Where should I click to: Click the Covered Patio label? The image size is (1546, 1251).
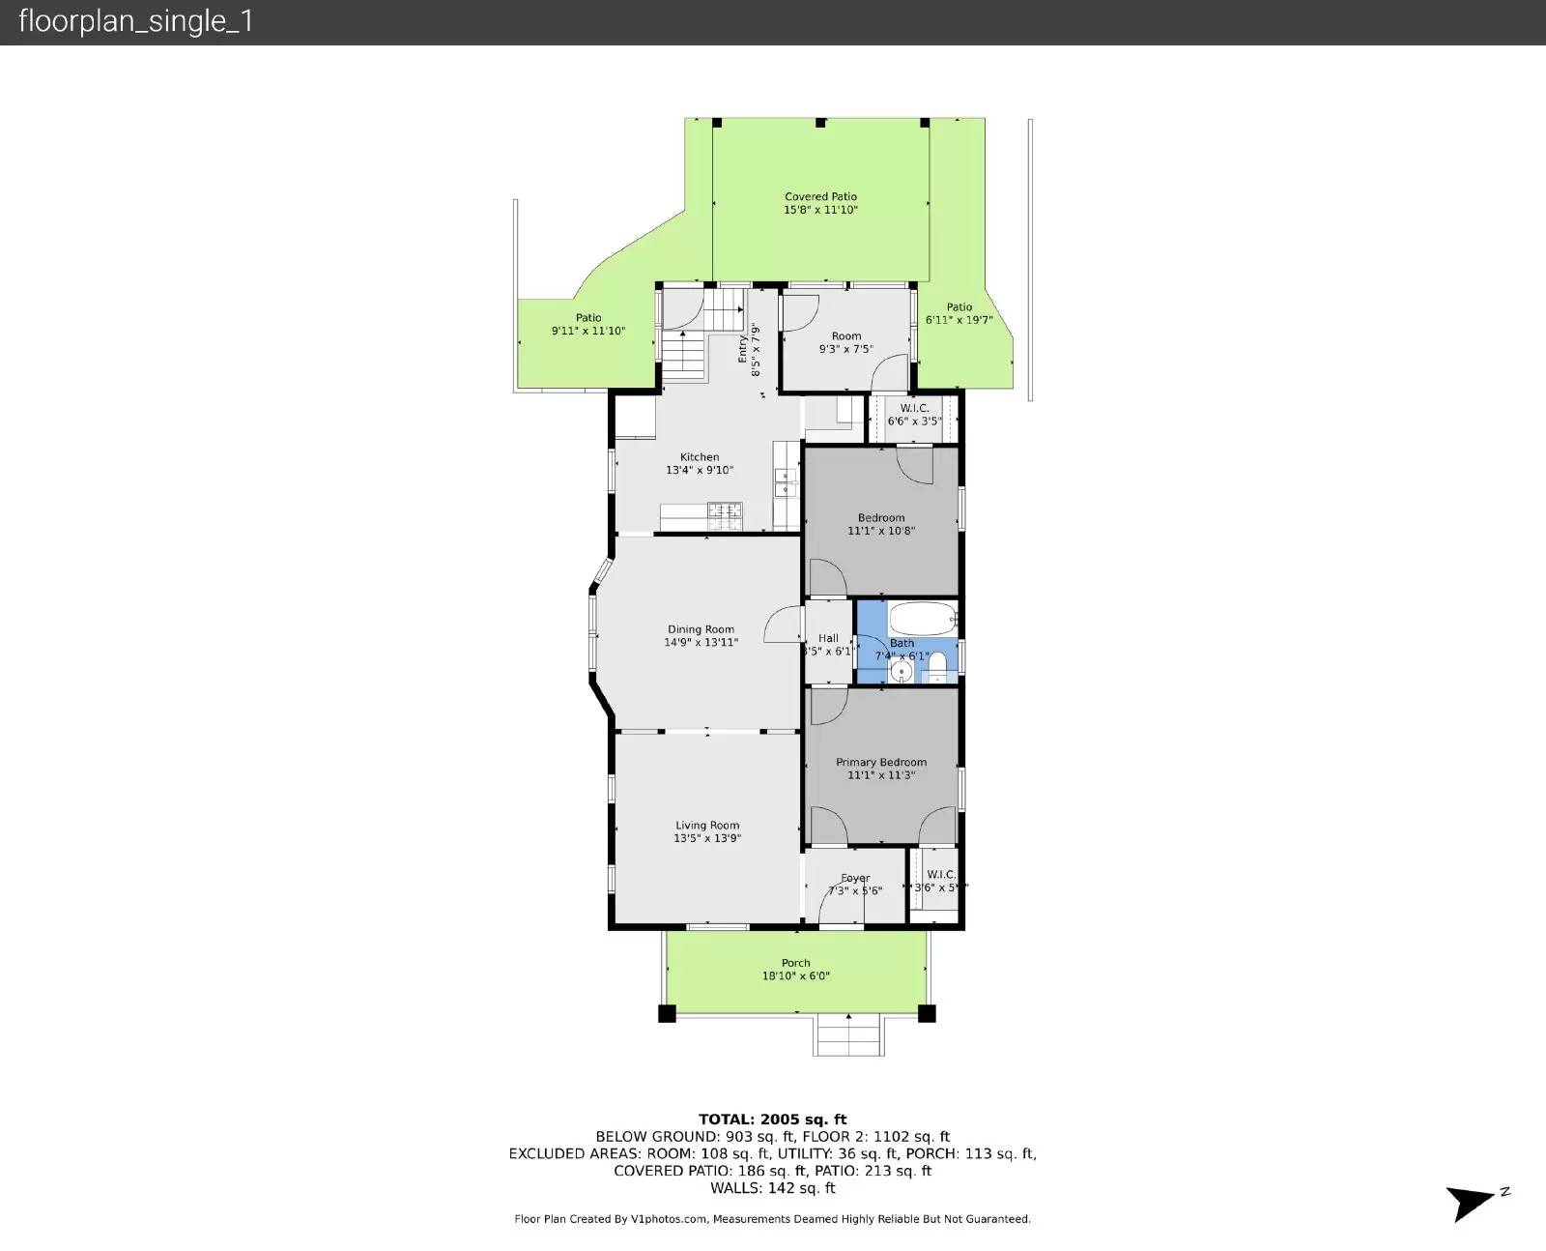coord(820,197)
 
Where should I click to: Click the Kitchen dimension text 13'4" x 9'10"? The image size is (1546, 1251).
coord(700,471)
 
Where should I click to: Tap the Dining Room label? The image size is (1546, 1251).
coord(701,629)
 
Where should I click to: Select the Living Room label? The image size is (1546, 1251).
coord(707,826)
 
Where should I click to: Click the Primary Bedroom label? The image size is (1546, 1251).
coord(881,762)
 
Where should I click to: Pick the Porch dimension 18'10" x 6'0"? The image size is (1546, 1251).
coord(795,976)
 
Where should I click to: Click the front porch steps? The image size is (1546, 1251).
coord(848,1035)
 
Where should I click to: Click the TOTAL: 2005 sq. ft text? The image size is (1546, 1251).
coord(773,1120)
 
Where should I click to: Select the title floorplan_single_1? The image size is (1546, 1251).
coord(136,22)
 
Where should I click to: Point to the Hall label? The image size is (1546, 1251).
coord(828,638)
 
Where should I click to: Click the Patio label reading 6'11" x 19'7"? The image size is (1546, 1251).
coord(959,320)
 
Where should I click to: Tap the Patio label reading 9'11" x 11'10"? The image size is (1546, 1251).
coord(588,331)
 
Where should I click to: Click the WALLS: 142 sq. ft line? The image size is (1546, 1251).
coord(773,1188)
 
